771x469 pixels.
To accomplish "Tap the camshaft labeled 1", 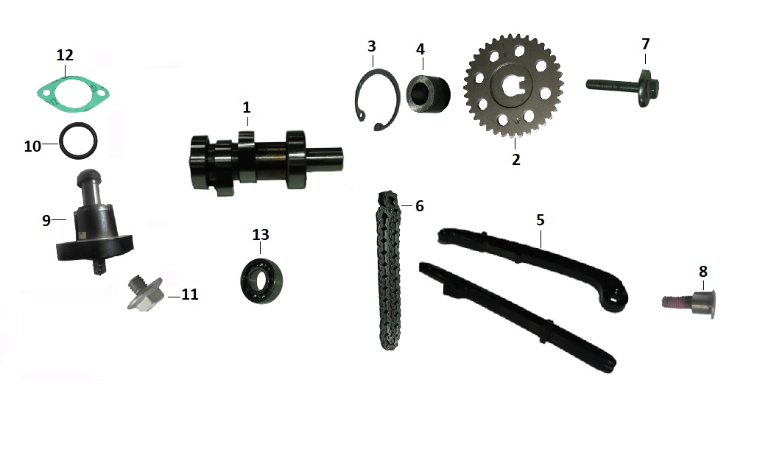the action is point(266,161).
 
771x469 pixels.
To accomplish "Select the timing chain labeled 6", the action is point(389,270).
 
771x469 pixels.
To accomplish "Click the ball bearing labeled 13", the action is point(261,281).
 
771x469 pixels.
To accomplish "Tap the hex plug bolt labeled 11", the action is point(144,294).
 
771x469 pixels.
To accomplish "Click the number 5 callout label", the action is point(541,219).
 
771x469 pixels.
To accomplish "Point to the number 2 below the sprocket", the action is point(515,159).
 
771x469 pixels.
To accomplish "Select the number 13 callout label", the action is point(261,235).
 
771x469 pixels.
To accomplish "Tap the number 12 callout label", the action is point(65,55).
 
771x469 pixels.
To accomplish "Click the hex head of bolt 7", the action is point(649,88).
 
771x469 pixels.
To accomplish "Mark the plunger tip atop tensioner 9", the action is point(88,175).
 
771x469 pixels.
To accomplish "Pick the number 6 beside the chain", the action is point(420,206).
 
